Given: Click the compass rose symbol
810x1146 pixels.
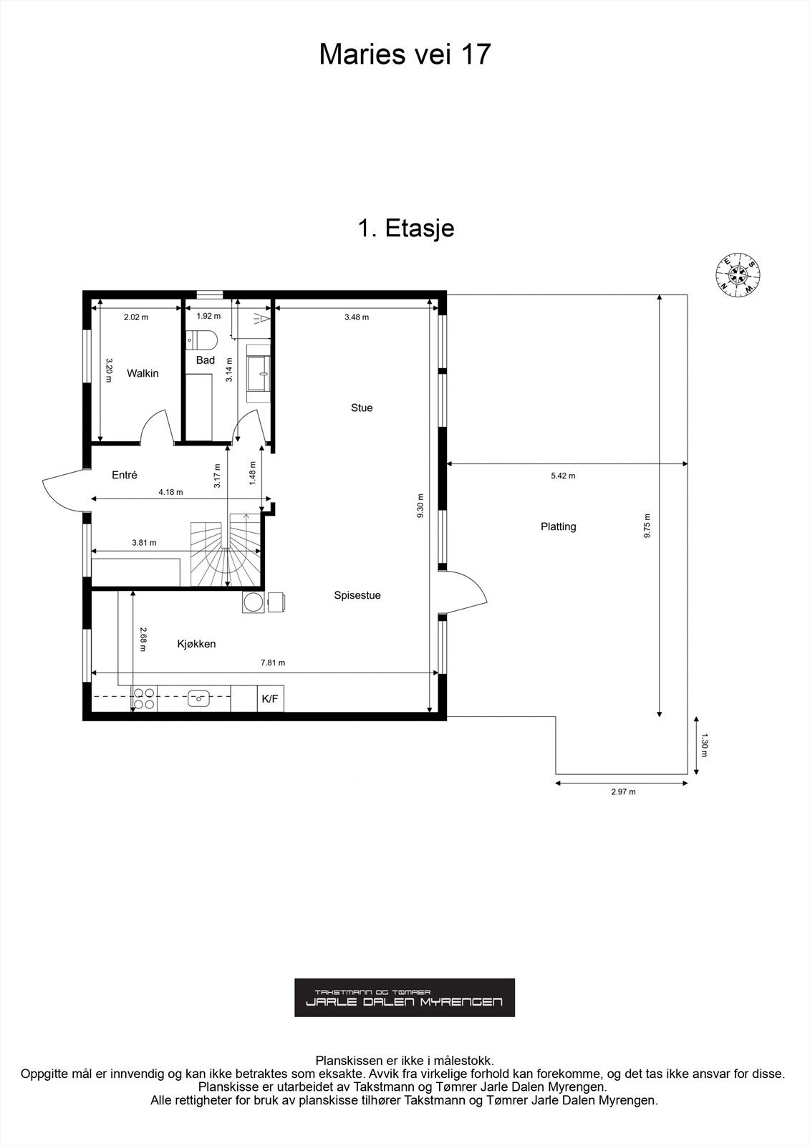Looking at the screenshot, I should click(x=738, y=275).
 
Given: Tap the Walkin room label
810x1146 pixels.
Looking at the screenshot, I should click(x=143, y=373).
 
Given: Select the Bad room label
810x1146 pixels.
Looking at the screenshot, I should click(x=206, y=360).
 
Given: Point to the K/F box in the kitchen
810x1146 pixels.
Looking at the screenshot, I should click(x=270, y=699).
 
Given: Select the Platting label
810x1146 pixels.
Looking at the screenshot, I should click(x=558, y=526).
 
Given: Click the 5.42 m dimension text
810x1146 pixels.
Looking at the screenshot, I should click(x=562, y=476).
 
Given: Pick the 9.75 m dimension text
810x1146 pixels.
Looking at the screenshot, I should click(x=647, y=526).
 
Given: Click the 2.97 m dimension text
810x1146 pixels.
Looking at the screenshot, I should click(x=623, y=791).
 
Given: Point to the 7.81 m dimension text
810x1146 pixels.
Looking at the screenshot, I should click(x=272, y=663).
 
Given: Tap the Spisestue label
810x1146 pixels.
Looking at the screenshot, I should click(x=357, y=595).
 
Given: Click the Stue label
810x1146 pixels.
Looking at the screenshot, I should click(x=361, y=408).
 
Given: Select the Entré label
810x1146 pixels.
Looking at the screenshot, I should click(x=125, y=475).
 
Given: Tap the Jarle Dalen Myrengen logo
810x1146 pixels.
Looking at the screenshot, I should click(x=405, y=997).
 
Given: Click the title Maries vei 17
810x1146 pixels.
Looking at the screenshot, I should click(x=405, y=54).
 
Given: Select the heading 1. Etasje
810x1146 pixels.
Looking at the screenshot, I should click(x=405, y=228).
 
